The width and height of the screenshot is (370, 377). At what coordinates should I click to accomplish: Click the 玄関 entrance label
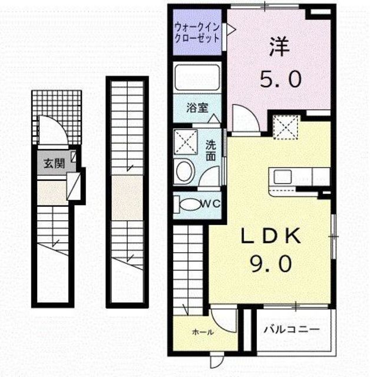tap(54, 164)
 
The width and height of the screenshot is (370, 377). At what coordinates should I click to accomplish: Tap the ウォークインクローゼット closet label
tap(197, 33)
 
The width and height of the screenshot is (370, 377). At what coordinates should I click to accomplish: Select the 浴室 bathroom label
tap(197, 108)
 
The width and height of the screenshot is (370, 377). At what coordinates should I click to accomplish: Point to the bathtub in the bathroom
tap(197, 77)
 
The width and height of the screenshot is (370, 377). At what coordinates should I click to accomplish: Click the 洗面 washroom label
tap(210, 151)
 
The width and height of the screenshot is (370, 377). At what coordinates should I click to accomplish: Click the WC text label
tap(210, 204)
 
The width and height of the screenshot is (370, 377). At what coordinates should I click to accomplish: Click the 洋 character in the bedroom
tap(280, 47)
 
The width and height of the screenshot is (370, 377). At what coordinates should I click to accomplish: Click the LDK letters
tap(272, 236)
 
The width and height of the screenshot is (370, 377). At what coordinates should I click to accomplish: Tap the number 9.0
tap(272, 264)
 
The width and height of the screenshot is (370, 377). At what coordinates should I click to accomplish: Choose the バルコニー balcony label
tap(292, 329)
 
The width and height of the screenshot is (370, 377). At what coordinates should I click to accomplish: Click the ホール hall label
tap(203, 332)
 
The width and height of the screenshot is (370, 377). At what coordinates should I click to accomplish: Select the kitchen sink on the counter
tap(283, 177)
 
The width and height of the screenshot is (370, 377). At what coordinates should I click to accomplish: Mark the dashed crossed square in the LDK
tap(286, 127)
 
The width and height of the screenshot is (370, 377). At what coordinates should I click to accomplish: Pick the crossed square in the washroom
tap(186, 142)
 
